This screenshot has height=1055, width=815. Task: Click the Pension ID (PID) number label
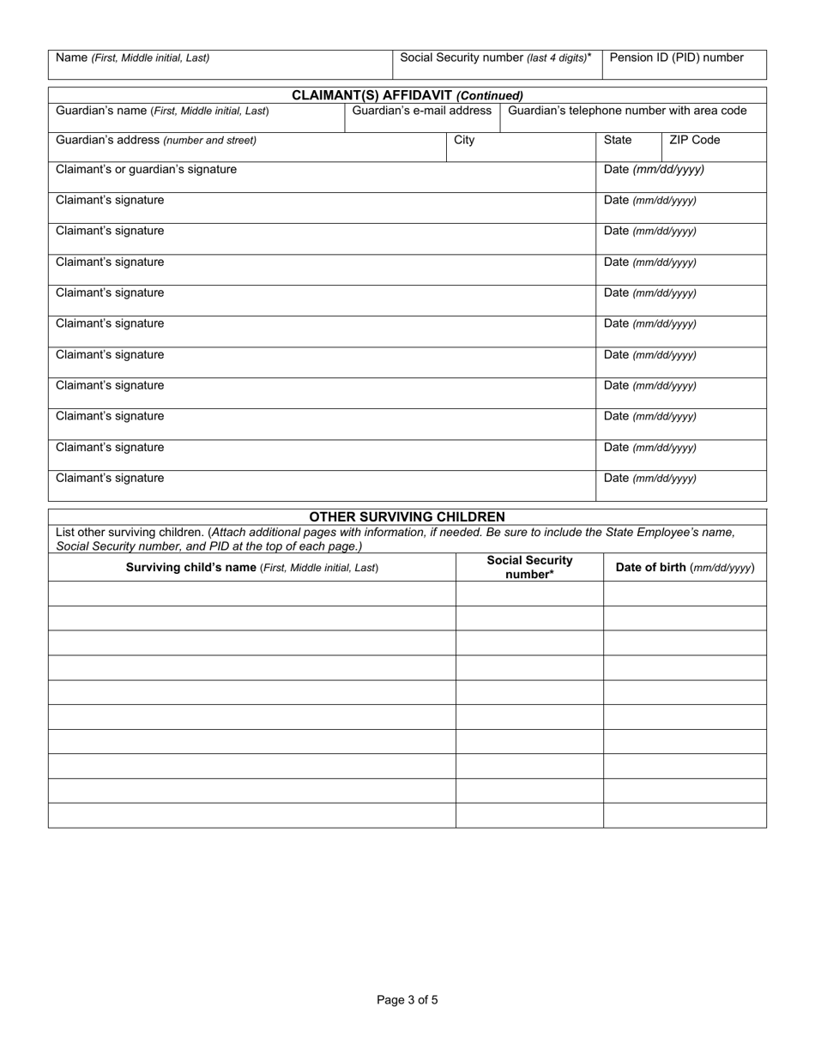(x=676, y=58)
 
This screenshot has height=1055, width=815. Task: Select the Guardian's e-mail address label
(x=422, y=111)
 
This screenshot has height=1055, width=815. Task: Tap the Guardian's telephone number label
(x=627, y=111)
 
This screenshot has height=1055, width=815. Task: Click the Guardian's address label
(x=156, y=140)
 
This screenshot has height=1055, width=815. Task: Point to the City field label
(x=464, y=140)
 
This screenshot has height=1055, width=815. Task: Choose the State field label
(x=618, y=140)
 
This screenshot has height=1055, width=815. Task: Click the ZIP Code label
(x=695, y=140)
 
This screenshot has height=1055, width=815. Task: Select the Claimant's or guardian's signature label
(x=146, y=170)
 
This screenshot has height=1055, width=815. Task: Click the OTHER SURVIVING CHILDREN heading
(x=407, y=517)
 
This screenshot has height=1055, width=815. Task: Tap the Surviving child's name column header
(x=252, y=567)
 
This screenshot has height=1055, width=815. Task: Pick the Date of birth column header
(x=685, y=567)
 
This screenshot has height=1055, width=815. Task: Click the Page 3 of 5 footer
(x=407, y=999)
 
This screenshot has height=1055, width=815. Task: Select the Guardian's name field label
(x=162, y=111)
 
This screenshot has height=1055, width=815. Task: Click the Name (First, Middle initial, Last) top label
(x=132, y=58)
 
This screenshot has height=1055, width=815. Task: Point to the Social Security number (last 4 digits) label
(x=496, y=58)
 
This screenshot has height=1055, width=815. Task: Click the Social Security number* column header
(x=529, y=567)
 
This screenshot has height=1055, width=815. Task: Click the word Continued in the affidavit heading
(x=490, y=96)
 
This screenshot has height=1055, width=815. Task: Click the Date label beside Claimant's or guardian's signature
(x=654, y=170)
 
